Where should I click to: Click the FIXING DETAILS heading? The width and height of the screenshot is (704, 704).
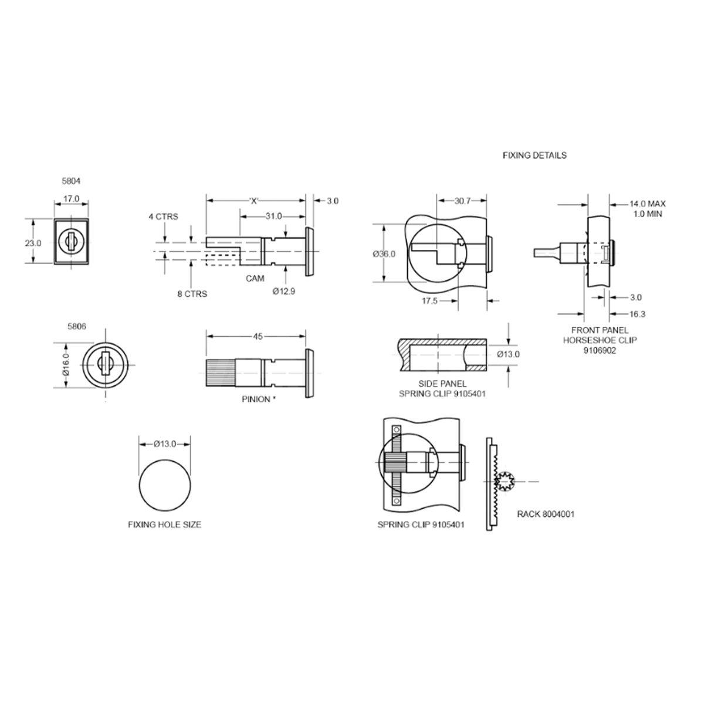click(534, 155)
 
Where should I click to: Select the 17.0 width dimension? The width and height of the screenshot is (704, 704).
click(72, 199)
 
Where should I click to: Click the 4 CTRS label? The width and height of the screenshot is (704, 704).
click(163, 216)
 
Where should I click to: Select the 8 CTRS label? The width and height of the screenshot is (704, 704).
click(192, 294)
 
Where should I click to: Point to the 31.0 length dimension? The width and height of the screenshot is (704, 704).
click(273, 216)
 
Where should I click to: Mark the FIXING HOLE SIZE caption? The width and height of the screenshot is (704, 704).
click(164, 524)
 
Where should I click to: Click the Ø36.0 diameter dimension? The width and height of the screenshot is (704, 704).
click(384, 254)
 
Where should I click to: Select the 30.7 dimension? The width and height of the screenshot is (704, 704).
click(462, 200)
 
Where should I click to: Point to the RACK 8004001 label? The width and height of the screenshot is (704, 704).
click(546, 514)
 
